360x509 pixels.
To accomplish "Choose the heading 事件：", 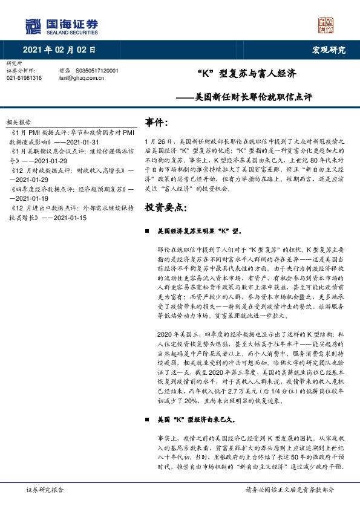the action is tap(157, 123).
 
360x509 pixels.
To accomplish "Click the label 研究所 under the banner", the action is tap(13, 63).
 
